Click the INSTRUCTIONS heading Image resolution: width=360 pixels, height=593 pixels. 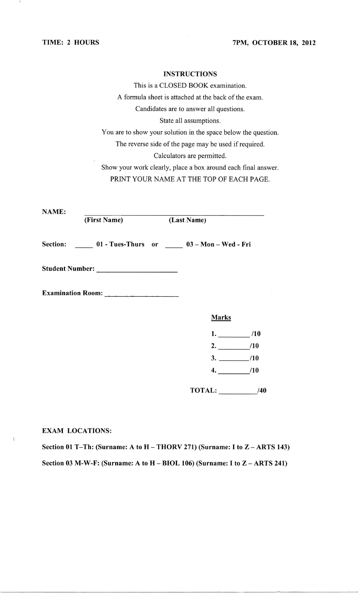190,74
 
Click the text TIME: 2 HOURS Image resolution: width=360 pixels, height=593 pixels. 70,42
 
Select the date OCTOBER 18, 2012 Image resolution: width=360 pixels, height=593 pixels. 284,43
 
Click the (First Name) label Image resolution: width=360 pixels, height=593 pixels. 103,220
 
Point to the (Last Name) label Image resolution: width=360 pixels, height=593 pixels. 187,220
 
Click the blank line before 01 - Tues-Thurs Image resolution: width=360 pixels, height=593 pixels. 84,246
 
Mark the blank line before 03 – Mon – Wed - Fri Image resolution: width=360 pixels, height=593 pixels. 174,246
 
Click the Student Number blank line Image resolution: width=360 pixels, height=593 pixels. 137,271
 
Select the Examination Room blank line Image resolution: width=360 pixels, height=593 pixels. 142,295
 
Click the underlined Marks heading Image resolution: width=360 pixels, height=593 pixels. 221,318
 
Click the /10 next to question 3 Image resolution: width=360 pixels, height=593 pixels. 255,358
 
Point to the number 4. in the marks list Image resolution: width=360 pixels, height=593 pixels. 214,370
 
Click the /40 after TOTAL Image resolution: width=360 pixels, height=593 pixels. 262,390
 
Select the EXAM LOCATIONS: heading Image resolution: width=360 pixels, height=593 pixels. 77,431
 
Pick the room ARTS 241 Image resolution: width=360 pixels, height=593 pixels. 269,463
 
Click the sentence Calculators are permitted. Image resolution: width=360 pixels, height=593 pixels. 190,156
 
